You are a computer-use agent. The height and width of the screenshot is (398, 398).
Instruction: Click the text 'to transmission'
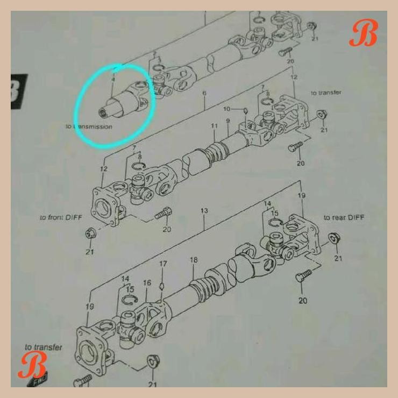89,127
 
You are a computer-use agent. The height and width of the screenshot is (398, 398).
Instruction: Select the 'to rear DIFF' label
344,217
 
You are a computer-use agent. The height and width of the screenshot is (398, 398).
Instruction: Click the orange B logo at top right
363,34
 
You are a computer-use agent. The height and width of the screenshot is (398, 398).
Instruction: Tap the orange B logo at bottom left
32,366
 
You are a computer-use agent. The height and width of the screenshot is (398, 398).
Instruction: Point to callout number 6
204,94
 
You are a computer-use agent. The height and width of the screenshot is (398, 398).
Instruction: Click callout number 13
204,211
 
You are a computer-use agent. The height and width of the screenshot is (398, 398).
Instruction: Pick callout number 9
228,121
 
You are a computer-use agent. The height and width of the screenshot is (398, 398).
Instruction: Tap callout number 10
227,109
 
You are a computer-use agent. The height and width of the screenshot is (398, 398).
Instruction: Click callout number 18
194,260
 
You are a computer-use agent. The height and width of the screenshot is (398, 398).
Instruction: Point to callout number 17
162,264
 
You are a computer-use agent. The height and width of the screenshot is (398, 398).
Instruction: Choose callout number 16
147,283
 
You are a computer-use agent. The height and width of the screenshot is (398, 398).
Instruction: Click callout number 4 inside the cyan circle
113,80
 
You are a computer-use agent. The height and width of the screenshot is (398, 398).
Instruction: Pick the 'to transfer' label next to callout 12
325,93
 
